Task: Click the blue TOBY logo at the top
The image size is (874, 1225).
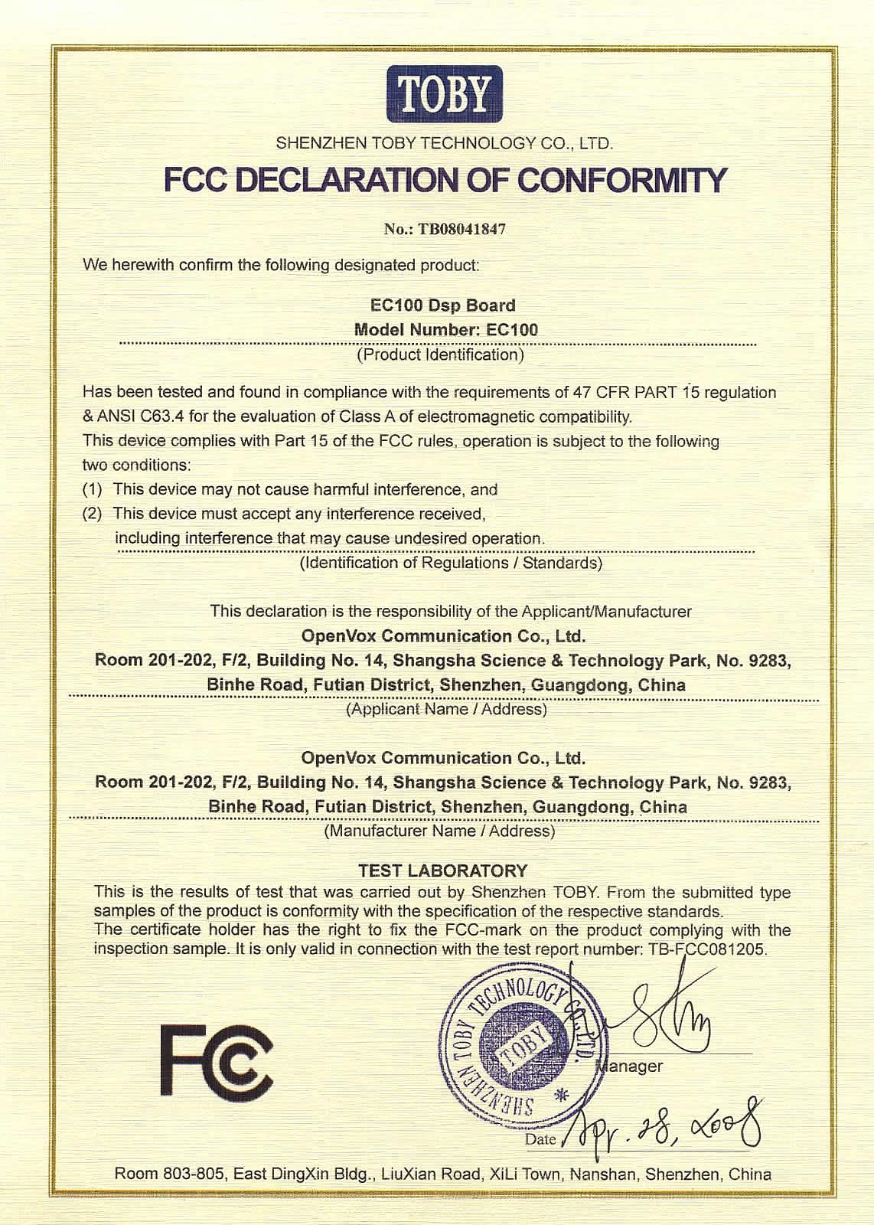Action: (445, 93)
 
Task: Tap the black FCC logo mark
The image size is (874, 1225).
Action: (217, 1060)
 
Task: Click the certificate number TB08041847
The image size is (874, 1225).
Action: (461, 229)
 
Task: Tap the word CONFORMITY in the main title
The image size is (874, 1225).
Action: (621, 181)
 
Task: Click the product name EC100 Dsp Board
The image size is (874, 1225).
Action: (442, 305)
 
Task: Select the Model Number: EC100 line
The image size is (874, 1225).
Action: (446, 330)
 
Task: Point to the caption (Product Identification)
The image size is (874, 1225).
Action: (441, 355)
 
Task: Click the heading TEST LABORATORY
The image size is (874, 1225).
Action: (443, 871)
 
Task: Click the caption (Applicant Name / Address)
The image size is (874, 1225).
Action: (446, 710)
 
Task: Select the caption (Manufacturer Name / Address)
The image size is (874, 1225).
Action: (440, 831)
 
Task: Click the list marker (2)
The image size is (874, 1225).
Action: (92, 514)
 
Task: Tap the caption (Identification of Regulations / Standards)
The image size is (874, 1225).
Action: (451, 563)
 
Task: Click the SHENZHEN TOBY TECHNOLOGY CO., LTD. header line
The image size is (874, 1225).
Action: (444, 143)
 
